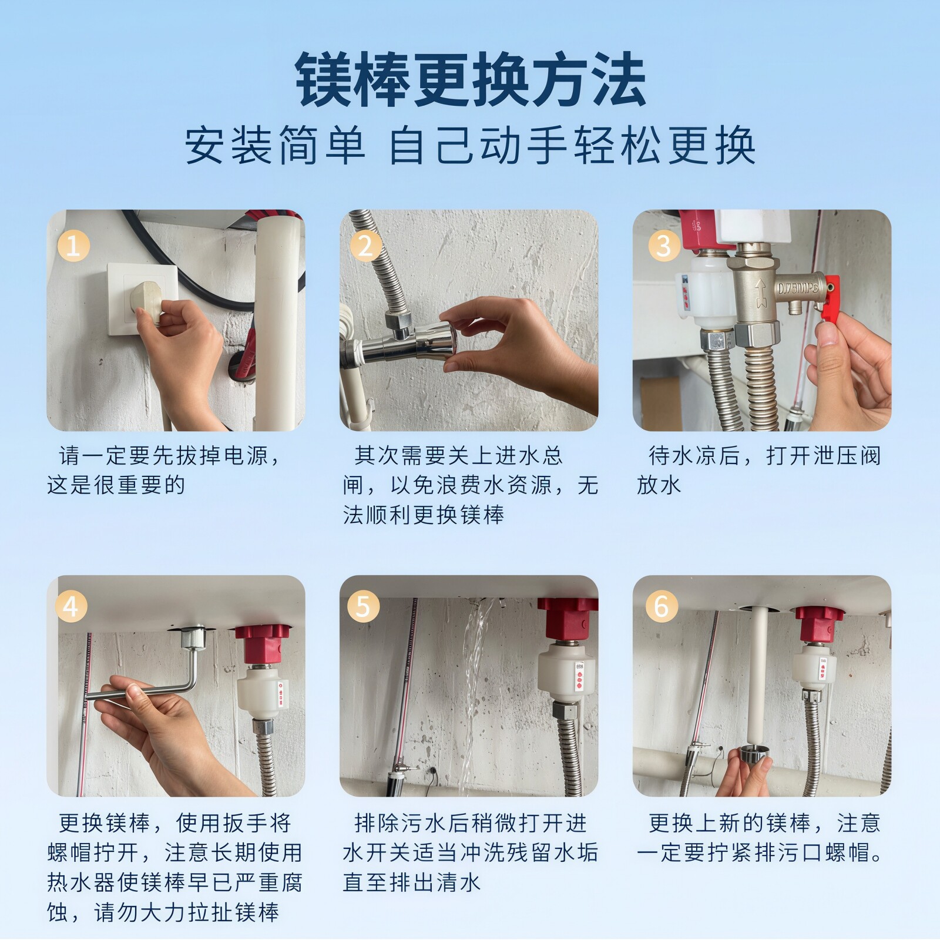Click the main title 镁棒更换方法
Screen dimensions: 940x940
click(470, 79)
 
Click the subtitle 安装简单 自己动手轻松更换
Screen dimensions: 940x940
click(470, 146)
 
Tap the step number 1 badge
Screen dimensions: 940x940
click(73, 246)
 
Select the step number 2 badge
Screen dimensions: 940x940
click(365, 246)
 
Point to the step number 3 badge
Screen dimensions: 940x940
click(664, 246)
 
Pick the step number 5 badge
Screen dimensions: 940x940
click(363, 606)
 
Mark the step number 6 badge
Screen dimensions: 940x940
click(662, 606)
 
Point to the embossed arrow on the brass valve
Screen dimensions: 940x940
click(761, 293)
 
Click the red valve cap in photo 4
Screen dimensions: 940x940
click(263, 642)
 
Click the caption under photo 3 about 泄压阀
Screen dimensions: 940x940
click(759, 471)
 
